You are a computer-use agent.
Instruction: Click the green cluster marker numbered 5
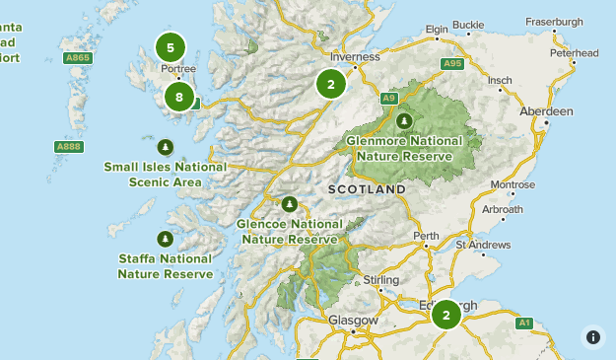pyautogui.click(x=171, y=46)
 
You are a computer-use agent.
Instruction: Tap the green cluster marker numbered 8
pyautogui.click(x=178, y=96)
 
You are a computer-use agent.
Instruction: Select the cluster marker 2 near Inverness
pyautogui.click(x=331, y=84)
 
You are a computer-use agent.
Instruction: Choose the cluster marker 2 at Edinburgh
pyautogui.click(x=445, y=315)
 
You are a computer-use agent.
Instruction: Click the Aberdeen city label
pyautogui.click(x=546, y=111)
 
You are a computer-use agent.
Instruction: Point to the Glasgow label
pyautogui.click(x=353, y=321)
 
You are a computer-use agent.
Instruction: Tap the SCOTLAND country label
pyautogui.click(x=367, y=188)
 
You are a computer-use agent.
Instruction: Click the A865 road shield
pyautogui.click(x=78, y=59)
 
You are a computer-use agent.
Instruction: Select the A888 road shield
pyautogui.click(x=68, y=146)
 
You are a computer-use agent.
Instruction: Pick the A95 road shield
pyautogui.click(x=452, y=64)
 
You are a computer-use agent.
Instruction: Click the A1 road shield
pyautogui.click(x=524, y=322)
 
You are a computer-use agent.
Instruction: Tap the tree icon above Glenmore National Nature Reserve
pyautogui.click(x=404, y=120)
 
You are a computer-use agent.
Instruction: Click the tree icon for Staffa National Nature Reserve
pyautogui.click(x=165, y=239)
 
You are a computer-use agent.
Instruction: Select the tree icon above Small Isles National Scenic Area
pyautogui.click(x=166, y=148)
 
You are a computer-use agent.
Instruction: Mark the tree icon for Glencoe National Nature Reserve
pyautogui.click(x=289, y=204)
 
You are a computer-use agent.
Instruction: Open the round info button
pyautogui.click(x=592, y=336)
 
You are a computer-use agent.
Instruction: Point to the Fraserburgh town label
pyautogui.click(x=582, y=20)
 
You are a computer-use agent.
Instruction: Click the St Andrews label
pyautogui.click(x=483, y=244)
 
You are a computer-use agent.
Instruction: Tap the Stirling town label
pyautogui.click(x=381, y=280)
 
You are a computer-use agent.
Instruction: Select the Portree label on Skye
pyautogui.click(x=177, y=69)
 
